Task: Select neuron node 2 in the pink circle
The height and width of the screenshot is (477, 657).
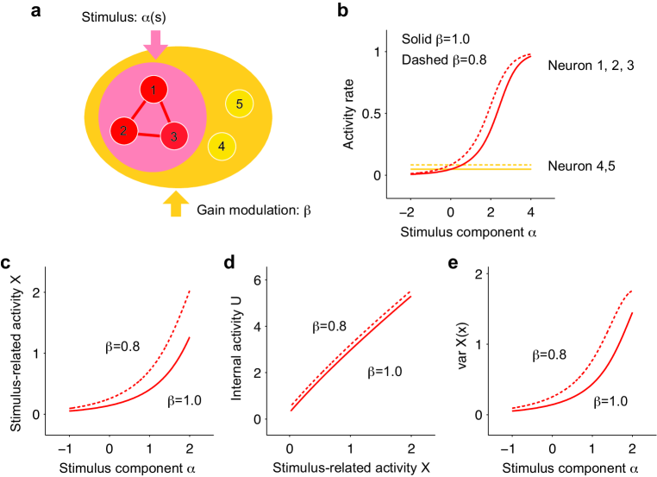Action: [124, 131]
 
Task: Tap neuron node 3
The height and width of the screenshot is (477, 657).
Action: [174, 135]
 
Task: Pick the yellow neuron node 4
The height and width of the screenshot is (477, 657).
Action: [222, 146]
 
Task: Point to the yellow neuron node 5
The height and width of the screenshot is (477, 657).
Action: [239, 104]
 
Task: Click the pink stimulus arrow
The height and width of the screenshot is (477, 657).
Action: [155, 45]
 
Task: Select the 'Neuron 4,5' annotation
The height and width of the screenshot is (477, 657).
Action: [586, 165]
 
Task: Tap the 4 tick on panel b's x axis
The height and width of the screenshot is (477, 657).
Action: [530, 209]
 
